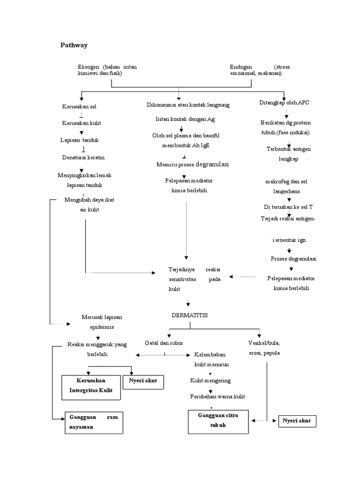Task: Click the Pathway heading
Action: pyautogui.click(x=74, y=45)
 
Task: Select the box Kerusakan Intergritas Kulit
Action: pyautogui.click(x=90, y=387)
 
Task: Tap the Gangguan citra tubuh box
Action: pyautogui.click(x=218, y=421)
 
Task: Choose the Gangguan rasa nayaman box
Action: pyautogui.click(x=93, y=421)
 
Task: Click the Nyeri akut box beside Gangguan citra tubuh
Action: pyautogui.click(x=297, y=421)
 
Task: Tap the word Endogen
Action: pyautogui.click(x=241, y=67)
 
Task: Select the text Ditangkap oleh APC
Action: pyautogui.click(x=285, y=103)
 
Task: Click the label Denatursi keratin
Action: pyautogui.click(x=83, y=157)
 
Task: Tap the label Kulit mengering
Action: pyautogui.click(x=210, y=380)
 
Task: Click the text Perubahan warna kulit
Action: pyautogui.click(x=217, y=397)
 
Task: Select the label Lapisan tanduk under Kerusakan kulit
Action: pyautogui.click(x=79, y=140)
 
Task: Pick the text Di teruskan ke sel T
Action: pyautogui.click(x=288, y=206)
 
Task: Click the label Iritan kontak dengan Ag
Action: pyautogui.click(x=185, y=120)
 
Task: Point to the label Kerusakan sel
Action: pyautogui.click(x=79, y=107)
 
